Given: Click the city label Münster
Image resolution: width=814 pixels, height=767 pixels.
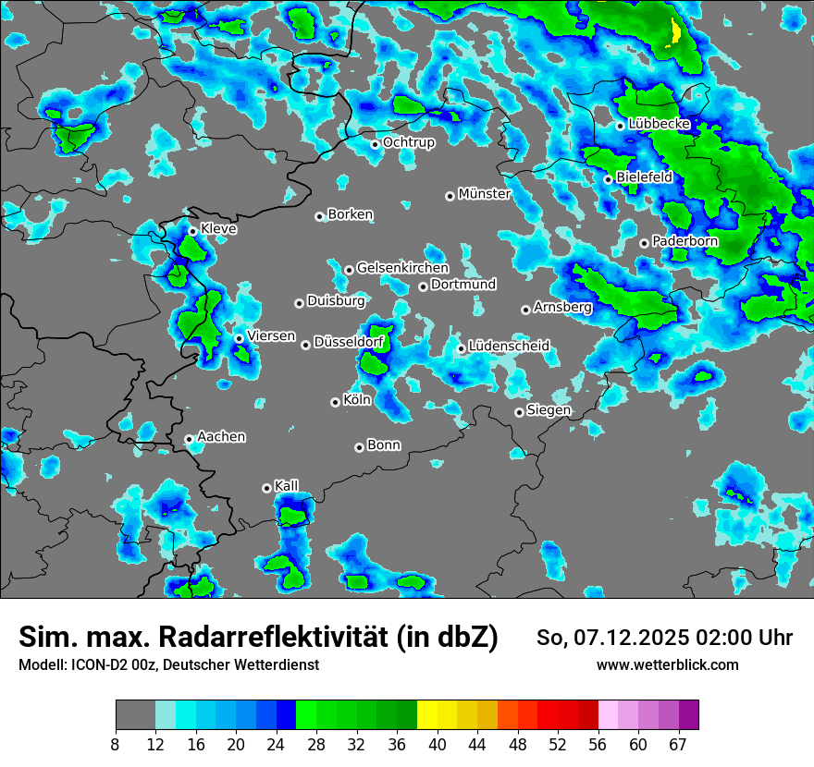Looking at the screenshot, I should point(484,194).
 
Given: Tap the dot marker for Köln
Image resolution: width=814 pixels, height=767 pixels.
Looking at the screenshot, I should point(335,402).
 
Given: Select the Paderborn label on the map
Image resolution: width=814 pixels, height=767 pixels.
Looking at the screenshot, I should point(684,241).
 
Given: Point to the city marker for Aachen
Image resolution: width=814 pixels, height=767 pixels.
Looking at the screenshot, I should point(189,440).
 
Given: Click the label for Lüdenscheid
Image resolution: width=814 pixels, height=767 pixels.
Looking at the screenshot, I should point(509,347).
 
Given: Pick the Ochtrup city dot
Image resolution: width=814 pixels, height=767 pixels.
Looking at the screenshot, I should point(375,144).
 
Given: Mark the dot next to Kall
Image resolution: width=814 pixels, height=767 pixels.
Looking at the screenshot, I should point(266,488).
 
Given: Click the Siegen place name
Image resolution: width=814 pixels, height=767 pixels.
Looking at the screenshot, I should point(549,410).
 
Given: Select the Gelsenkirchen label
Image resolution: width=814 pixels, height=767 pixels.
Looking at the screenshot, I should point(402,268).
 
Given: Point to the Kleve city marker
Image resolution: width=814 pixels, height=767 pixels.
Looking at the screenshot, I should point(192,231).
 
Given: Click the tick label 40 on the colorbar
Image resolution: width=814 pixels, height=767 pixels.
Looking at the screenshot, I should point(438,745).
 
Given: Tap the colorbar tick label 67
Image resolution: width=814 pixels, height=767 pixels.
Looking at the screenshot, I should point(678,745).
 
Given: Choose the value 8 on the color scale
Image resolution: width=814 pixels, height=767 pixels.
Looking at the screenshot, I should point(116,745).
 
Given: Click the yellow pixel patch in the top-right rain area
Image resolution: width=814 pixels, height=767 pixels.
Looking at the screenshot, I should point(676,33).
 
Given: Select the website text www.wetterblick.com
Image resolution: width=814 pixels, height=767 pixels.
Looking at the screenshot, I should point(667,665).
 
